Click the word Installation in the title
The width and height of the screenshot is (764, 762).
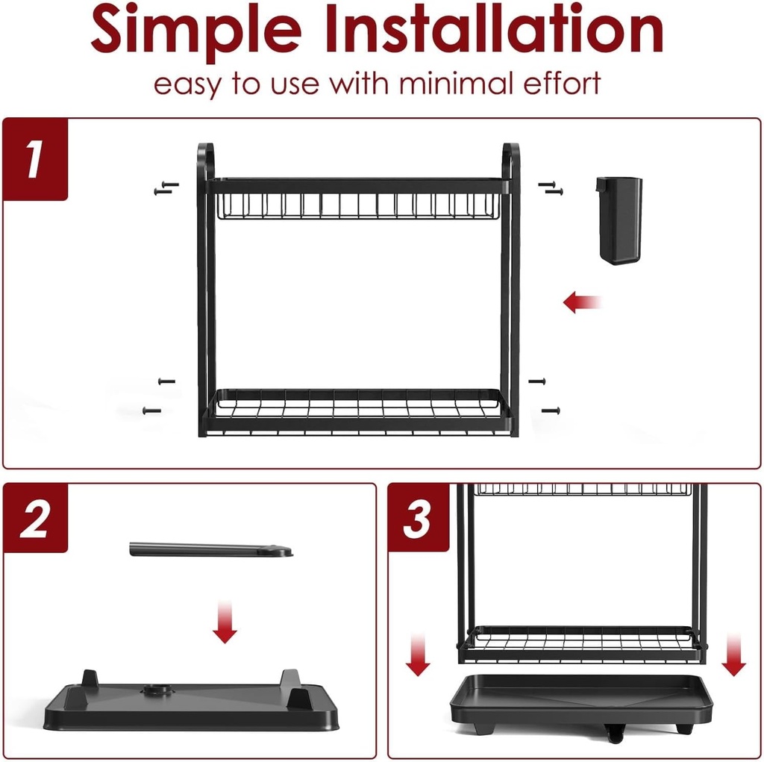point(495,28)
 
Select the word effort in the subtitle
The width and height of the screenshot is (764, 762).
point(562,83)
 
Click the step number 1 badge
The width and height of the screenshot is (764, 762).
point(35,159)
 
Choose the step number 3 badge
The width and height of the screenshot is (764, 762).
point(418,519)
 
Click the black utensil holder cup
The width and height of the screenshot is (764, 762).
point(619,220)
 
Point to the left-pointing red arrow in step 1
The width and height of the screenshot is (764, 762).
point(582,302)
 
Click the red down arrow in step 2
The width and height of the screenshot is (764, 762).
point(225,622)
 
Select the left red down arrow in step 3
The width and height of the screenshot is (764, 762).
point(418,655)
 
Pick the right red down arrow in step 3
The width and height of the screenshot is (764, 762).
point(734,655)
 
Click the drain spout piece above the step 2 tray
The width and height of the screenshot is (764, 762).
point(211,549)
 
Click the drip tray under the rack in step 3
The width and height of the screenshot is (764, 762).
point(581,704)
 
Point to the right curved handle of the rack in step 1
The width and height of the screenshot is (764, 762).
point(512,161)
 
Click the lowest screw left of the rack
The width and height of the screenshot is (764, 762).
point(151,411)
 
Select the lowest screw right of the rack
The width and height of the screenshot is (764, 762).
point(551,411)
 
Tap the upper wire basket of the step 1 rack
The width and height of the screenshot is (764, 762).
point(358,206)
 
